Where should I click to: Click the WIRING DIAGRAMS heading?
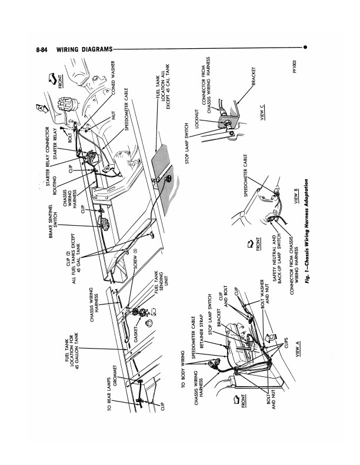click(x=84, y=49)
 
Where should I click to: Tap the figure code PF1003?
click(x=294, y=67)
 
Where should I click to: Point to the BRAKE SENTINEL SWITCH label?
click(x=53, y=221)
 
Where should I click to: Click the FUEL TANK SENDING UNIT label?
click(x=161, y=282)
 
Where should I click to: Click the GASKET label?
click(x=136, y=334)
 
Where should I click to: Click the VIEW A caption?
click(x=298, y=349)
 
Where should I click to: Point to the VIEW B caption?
click(x=295, y=196)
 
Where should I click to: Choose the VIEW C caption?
click(x=262, y=113)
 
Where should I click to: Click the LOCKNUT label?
click(x=196, y=119)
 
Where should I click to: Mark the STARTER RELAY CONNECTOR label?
click(x=48, y=156)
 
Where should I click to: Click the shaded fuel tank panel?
click(x=162, y=169)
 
